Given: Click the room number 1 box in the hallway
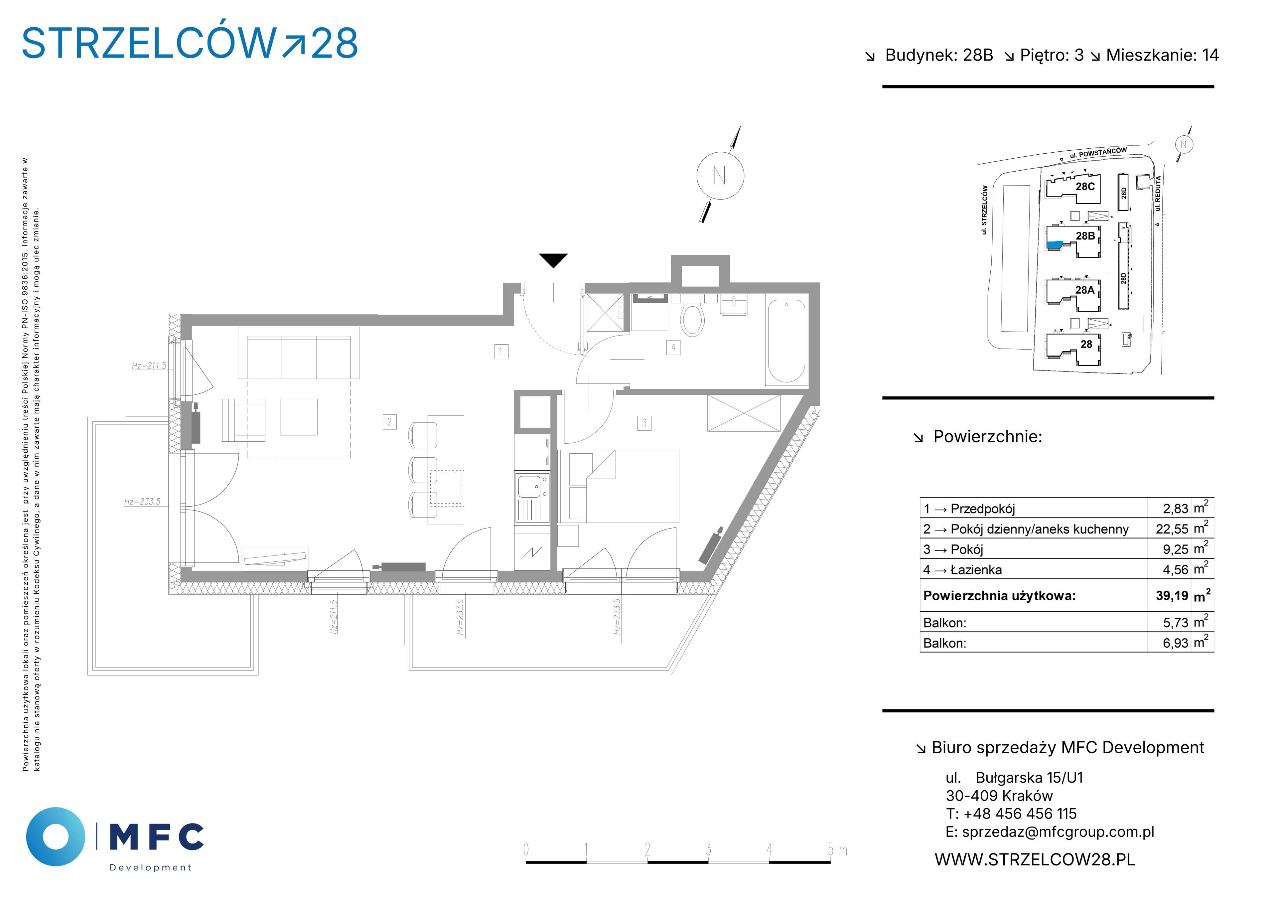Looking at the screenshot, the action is pos(501,352).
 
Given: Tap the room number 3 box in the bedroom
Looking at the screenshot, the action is pos(644,423).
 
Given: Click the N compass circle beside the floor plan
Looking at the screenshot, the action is pos(720,176).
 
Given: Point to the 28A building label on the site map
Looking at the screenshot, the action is pos(1084,290).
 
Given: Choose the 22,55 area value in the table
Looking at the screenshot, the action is pos(1172,529).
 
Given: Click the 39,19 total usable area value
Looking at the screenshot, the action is pos(1172,596).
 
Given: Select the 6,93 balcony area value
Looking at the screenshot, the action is pos(1175,643).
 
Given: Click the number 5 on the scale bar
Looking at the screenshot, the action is pos(830,849).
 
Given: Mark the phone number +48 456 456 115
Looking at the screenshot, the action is pos(1020,814).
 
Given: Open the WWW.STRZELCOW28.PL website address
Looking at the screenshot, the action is pos(1035,860).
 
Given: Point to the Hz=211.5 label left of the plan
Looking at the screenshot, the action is pos(149,366).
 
